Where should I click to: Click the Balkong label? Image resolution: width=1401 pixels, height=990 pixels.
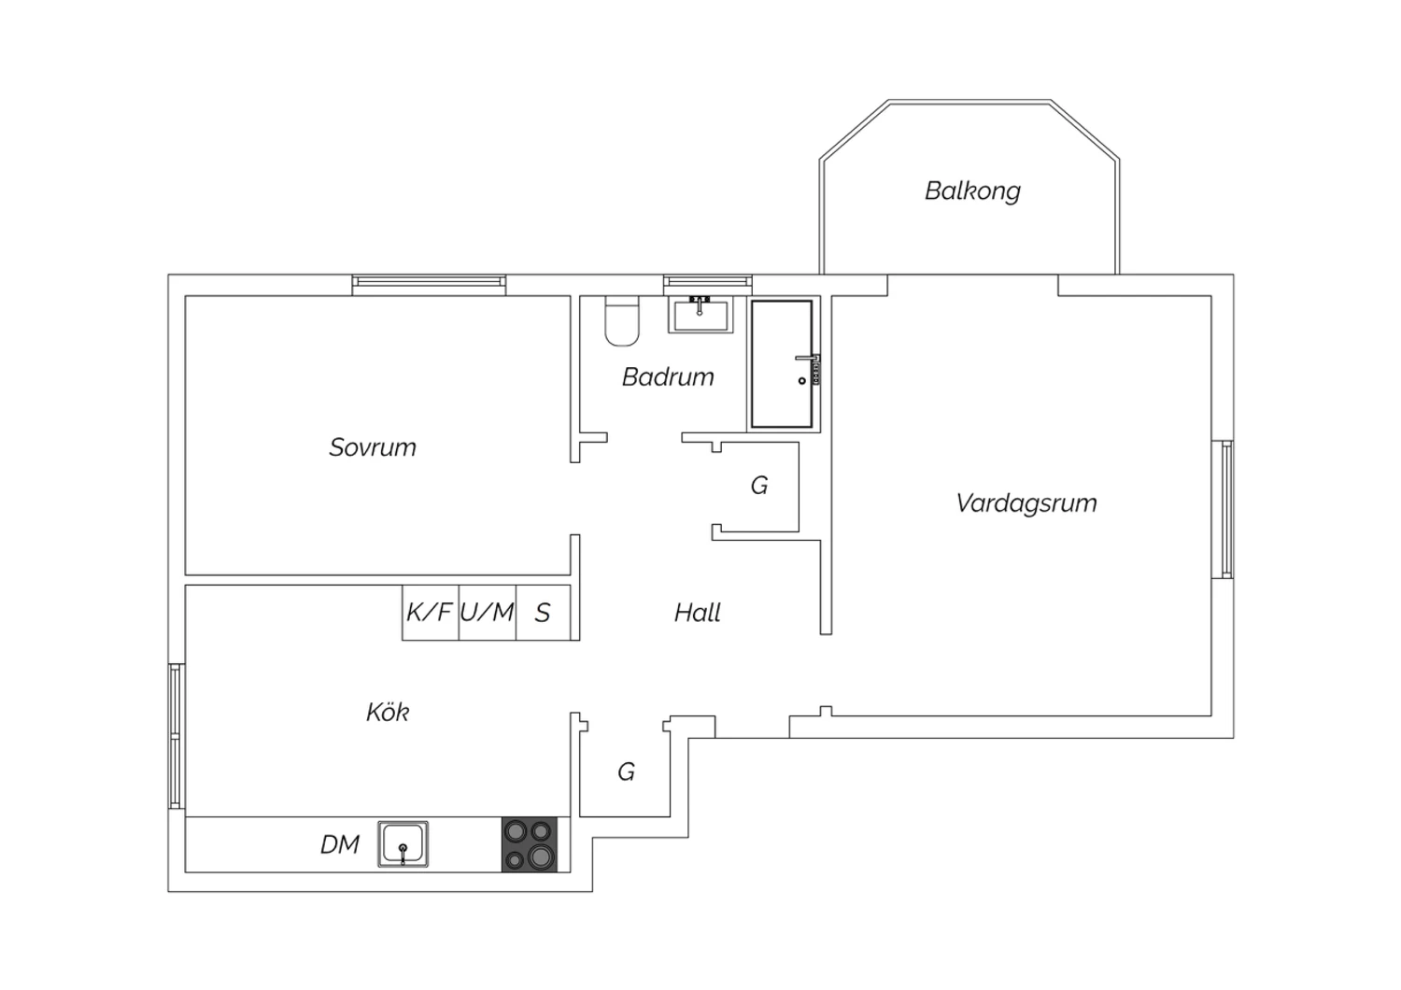coord(972,191)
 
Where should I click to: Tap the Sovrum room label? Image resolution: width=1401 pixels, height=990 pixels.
coord(372,447)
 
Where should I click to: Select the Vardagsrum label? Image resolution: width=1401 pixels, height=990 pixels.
coord(1026,503)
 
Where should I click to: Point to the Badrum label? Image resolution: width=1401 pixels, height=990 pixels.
coord(668,377)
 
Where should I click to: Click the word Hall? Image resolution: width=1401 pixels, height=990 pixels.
coord(698,613)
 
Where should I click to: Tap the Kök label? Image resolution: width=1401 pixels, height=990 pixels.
coord(388,712)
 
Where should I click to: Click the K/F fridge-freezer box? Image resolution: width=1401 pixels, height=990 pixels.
coord(431,613)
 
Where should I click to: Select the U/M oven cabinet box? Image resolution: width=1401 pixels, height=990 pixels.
coord(488,613)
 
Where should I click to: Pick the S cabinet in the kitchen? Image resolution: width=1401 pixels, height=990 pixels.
coord(543,613)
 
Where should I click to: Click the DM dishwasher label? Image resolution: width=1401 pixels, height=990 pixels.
coord(340,845)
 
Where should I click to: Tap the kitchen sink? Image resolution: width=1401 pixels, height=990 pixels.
coord(403,844)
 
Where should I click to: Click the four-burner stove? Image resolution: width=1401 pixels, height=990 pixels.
coord(530,844)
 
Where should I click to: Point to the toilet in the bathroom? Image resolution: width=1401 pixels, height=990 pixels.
coord(622,321)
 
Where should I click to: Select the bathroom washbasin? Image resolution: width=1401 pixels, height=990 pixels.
coord(700,315)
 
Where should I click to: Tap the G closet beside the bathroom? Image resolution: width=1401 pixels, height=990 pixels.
coord(759,486)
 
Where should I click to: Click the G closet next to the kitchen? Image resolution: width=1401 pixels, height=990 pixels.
coord(626,772)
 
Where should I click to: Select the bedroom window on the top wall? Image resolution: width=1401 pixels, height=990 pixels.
coord(429,285)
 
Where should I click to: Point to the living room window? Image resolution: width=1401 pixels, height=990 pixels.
coord(1223,510)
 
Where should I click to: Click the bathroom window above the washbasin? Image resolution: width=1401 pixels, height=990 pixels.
coord(708,285)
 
